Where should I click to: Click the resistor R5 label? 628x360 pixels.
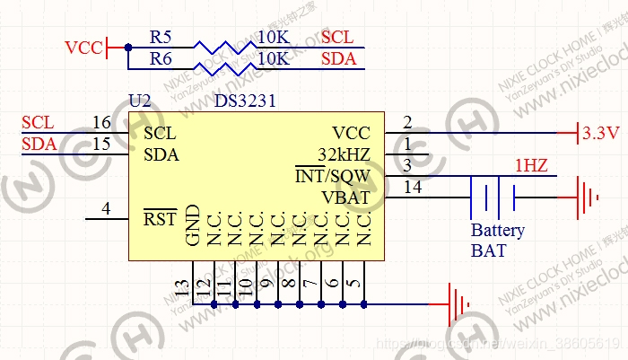[x=161, y=38]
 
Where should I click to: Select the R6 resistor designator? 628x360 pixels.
[x=161, y=59]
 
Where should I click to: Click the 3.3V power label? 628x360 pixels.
[x=601, y=134]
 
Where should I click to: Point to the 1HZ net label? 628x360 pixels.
[x=531, y=165]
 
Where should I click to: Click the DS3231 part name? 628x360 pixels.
[x=245, y=101]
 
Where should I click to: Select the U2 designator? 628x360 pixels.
[x=140, y=101]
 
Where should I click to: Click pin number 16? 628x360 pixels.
[x=101, y=122]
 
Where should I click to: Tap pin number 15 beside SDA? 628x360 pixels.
[x=101, y=144]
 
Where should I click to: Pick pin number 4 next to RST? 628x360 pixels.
[x=106, y=208]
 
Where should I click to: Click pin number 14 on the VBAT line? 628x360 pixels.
[x=414, y=187]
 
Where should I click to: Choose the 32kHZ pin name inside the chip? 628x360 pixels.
[x=344, y=154]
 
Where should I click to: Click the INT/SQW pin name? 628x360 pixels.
[x=333, y=175]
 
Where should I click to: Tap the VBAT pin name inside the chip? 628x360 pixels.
[x=346, y=197]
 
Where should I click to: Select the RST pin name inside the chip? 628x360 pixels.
[x=161, y=218]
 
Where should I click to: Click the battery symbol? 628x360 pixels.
[x=493, y=197]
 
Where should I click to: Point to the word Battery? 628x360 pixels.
[x=498, y=231]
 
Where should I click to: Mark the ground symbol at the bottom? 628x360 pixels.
[x=458, y=305]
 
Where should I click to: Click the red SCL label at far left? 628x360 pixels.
[x=38, y=122]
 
